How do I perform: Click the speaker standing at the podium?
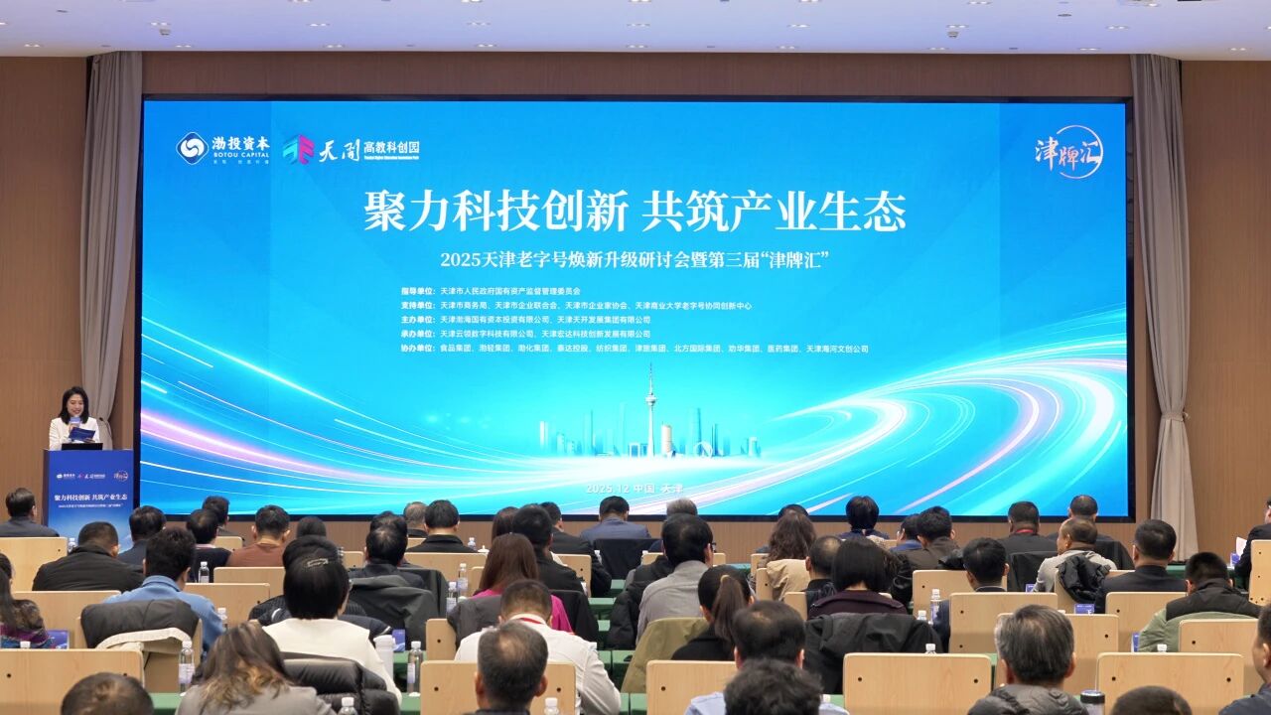[74, 417]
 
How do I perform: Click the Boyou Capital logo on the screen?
[223, 148]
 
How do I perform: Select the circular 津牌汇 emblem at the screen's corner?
[1068, 152]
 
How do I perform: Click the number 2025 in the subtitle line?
[461, 261]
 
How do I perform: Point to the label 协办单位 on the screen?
[416, 349]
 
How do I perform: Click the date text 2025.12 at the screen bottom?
[608, 489]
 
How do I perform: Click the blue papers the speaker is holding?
[80, 434]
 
